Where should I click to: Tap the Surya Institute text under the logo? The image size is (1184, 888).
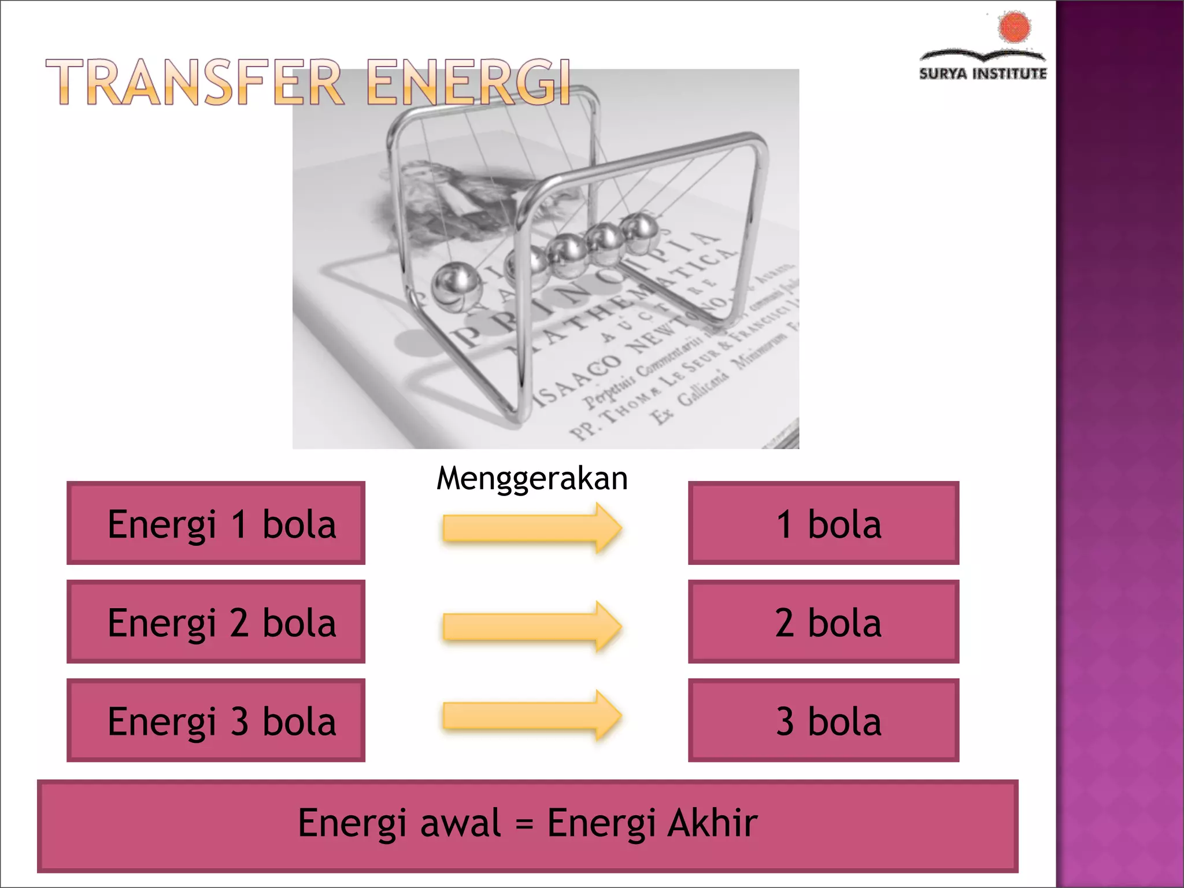tap(982, 73)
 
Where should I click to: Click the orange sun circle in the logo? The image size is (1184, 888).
tap(1014, 27)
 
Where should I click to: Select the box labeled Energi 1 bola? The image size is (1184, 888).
tap(216, 523)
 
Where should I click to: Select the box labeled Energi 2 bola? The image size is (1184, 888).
tap(216, 621)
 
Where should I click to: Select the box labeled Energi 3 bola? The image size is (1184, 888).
tap(216, 720)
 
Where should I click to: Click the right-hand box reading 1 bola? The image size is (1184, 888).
tap(823, 523)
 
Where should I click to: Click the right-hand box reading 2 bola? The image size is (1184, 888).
tap(823, 621)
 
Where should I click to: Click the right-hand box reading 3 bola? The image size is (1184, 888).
tap(823, 720)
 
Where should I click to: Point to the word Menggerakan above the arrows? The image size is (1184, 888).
tap(531, 479)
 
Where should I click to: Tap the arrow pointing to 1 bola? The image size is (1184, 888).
tap(531, 528)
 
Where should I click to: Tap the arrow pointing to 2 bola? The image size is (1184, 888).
tap(531, 627)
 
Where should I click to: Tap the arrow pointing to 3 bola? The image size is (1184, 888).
tap(531, 716)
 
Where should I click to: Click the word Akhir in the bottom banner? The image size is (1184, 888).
tap(712, 823)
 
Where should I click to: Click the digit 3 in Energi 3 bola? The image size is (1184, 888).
tap(239, 721)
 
